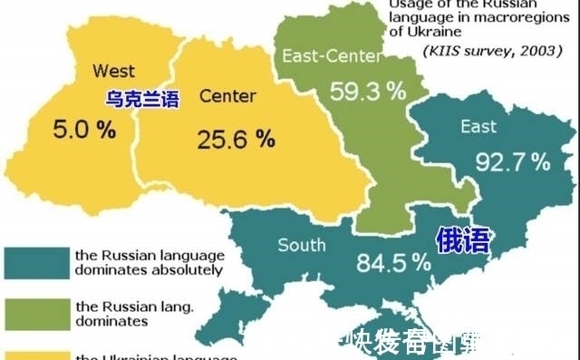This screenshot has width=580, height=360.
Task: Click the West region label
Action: (x=113, y=70)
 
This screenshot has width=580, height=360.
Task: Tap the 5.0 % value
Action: (x=84, y=129)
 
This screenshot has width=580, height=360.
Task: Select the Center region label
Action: (x=227, y=96)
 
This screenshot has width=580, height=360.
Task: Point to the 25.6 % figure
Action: (x=235, y=140)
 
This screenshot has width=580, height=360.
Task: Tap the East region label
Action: (x=478, y=126)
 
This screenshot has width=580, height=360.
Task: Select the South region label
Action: (x=302, y=245)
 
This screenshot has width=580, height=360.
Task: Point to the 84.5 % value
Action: (x=394, y=263)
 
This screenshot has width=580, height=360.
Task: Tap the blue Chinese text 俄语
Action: (x=462, y=239)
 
